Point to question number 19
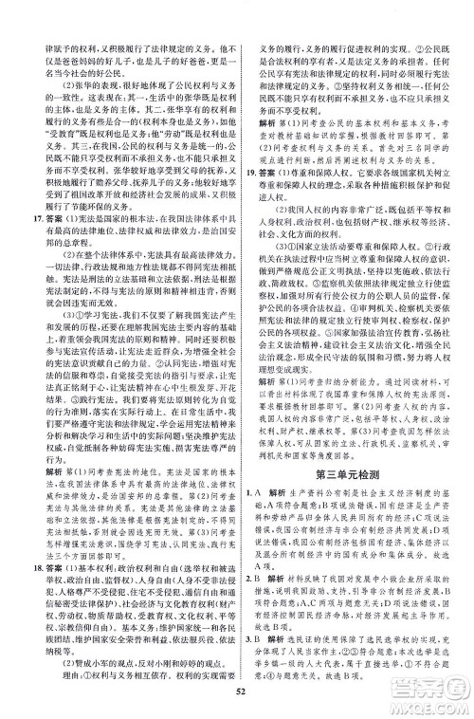point(249,150)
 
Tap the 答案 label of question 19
point(267,150)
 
